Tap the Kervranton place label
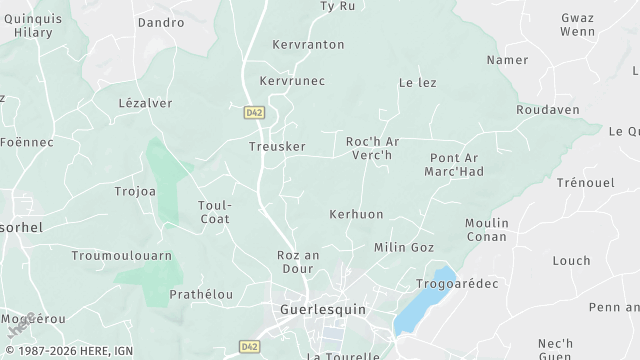tap(308, 45)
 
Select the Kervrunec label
tap(292, 81)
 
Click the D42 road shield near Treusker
tap(253, 113)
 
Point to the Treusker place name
tap(277, 146)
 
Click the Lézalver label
tap(145, 103)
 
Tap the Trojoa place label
tap(135, 191)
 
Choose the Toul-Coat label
tap(215, 211)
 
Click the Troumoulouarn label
tap(122, 256)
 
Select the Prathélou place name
tap(201, 294)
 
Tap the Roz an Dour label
tap(298, 262)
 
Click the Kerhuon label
tap(356, 215)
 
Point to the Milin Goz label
tap(404, 247)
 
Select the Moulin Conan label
tap(487, 229)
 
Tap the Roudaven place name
tap(548, 110)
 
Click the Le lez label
tap(417, 83)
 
